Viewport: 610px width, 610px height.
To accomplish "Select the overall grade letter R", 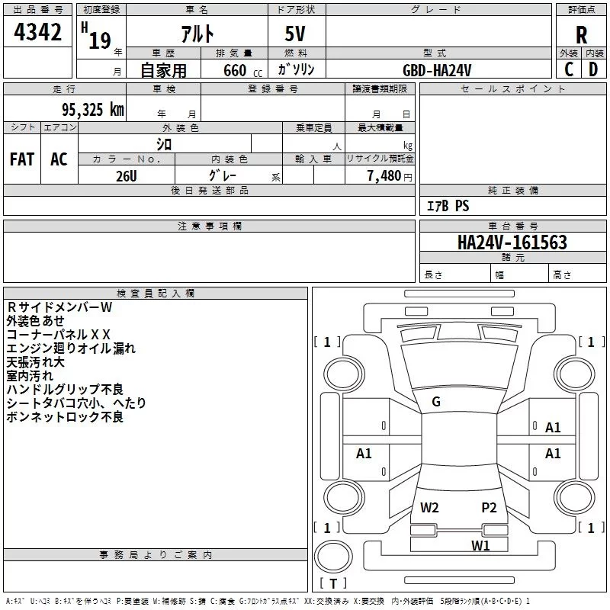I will point(581,35).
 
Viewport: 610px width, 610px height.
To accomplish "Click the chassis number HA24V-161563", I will point(512,242).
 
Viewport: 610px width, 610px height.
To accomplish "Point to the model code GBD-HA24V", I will point(438,70).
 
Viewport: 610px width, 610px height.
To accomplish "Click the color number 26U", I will point(126,175).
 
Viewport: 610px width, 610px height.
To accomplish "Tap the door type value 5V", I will point(297,35).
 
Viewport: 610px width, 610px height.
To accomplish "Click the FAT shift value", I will point(22,159).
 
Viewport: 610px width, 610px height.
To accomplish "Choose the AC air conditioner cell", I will point(59,159).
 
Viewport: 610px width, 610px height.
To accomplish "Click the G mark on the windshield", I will point(436,402).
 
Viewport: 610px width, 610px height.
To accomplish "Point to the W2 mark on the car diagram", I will point(429,507).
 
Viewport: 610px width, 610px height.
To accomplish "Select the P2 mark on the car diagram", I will point(489,507).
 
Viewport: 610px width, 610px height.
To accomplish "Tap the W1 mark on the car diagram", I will point(480,545).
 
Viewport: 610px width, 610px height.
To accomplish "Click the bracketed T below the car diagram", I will point(333,584).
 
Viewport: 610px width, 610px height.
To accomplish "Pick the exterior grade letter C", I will point(568,70).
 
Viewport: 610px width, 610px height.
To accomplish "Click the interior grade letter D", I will point(593,70).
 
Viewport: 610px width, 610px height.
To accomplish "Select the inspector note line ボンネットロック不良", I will point(65,417).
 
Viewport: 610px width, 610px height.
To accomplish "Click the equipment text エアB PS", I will point(447,206).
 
